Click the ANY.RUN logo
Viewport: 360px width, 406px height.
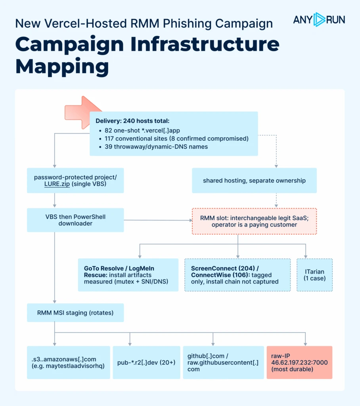319,20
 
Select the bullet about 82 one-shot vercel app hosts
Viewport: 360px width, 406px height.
142,130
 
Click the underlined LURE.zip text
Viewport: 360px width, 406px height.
57,184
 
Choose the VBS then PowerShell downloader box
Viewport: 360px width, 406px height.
75,220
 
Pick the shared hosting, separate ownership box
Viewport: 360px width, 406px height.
254,180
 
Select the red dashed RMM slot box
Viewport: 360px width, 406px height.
254,221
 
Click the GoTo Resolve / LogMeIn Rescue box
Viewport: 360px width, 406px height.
128,275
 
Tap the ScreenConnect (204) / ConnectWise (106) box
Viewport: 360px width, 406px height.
237,275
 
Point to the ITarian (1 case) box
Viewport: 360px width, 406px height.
315,275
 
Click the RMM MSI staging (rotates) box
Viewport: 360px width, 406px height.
75,313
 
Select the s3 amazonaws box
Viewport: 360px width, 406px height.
68,362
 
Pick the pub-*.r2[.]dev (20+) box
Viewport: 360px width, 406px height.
146,362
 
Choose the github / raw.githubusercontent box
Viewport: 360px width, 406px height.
223,362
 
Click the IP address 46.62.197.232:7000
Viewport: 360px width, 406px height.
299,362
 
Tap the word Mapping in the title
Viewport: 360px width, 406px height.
62,67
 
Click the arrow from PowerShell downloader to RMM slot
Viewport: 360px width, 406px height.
158,220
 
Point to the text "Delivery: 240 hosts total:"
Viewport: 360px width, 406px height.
132,121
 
